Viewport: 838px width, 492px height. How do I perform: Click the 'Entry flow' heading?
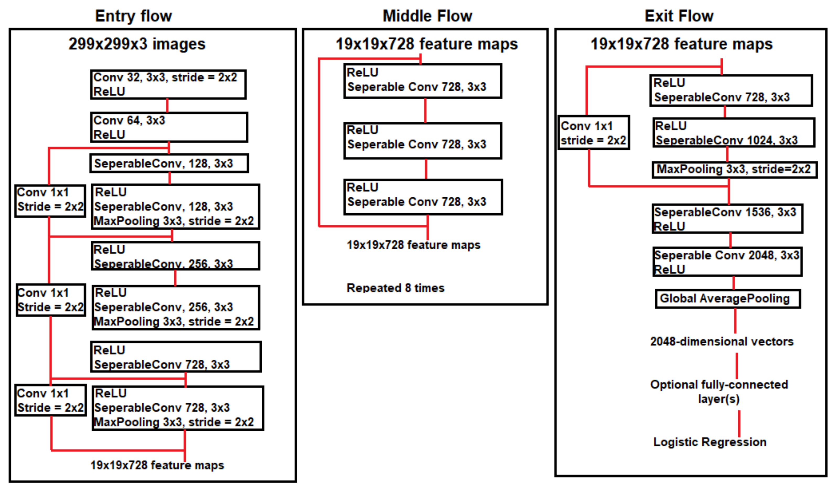click(x=133, y=16)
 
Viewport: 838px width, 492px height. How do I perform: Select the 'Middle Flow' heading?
click(x=427, y=16)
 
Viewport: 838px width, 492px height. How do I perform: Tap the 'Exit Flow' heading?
click(x=679, y=16)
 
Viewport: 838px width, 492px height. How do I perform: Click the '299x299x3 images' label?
click(x=137, y=44)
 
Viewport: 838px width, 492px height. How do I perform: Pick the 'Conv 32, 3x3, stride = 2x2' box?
click(x=168, y=84)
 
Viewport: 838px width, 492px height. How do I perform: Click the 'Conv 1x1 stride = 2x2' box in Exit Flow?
click(x=594, y=133)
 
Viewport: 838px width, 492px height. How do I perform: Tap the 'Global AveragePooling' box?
click(x=728, y=299)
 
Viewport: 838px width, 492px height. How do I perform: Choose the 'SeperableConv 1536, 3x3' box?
click(x=727, y=219)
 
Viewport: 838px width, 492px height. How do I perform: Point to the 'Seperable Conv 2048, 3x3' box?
click(x=727, y=262)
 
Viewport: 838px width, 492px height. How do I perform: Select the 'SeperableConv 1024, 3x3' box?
click(x=734, y=132)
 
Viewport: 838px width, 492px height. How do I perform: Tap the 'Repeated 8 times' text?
click(x=395, y=288)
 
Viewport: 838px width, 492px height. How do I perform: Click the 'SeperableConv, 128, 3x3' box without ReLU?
click(x=169, y=163)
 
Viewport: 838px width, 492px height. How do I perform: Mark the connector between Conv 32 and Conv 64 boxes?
click(x=167, y=105)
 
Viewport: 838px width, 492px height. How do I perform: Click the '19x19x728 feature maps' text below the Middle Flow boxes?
click(x=413, y=245)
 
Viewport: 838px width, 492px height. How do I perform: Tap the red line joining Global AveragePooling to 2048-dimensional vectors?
click(x=735, y=321)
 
